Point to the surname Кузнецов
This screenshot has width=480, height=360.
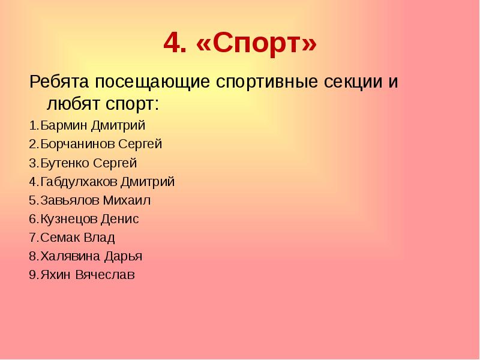[x=68, y=219]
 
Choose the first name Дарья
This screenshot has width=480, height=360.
[x=123, y=257]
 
